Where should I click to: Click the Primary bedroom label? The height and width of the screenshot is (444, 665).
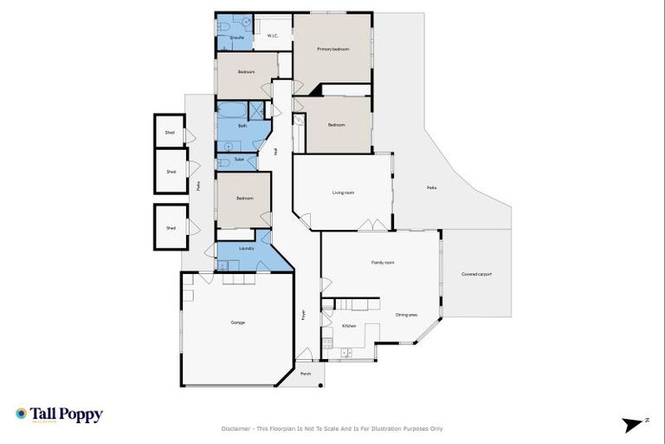coord(332,49)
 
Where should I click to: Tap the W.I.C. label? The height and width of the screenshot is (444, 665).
coord(271,36)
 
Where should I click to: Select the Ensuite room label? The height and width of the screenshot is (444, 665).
coord(236,38)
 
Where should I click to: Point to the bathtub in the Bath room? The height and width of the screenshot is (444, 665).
coord(231,110)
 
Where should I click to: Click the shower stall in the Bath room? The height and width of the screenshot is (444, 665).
coord(255,110)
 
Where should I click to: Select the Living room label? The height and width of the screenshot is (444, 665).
coord(344,193)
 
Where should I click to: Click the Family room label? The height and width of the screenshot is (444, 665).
coord(383,262)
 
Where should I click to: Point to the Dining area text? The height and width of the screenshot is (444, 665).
coord(408,315)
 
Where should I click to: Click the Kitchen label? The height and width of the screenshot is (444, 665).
coord(349,325)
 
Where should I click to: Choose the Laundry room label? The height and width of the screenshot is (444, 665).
coord(246,249)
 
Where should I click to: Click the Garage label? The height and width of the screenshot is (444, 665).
coord(237,323)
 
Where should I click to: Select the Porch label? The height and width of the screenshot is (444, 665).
coord(306,374)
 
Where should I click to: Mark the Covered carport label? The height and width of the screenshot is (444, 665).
coord(476,274)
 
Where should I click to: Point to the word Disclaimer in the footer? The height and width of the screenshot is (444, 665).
coord(236,428)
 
